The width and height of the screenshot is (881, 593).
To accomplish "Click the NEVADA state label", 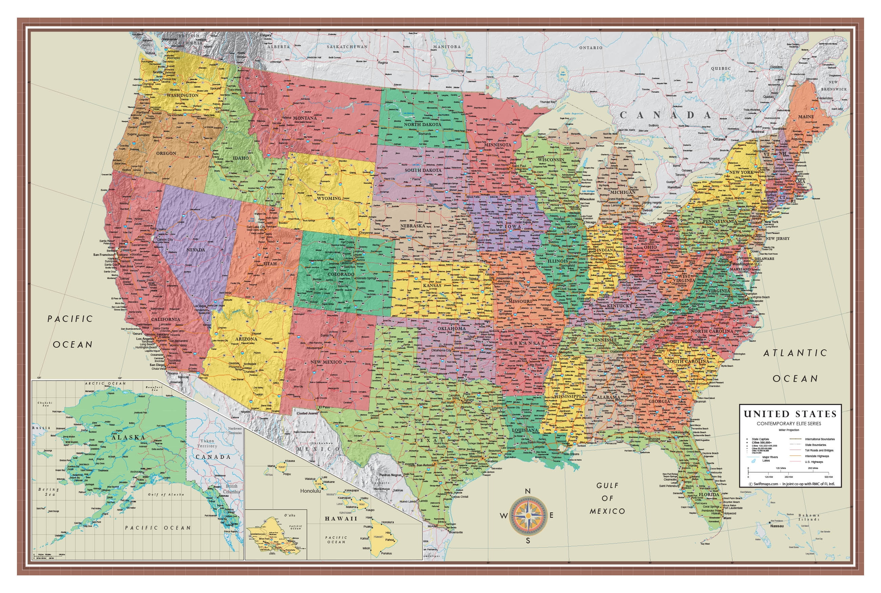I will click(196, 250).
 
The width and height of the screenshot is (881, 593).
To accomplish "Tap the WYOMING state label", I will click(329, 198).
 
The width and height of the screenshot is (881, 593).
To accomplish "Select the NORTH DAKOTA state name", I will click(422, 124).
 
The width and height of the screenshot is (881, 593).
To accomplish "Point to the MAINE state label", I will click(806, 117).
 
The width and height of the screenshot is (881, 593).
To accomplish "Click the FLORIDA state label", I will click(709, 495).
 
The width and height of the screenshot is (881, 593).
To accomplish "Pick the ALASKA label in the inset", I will click(128, 437).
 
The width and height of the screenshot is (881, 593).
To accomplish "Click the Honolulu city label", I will click(310, 491).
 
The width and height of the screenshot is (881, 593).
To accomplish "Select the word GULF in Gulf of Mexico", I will click(607, 486).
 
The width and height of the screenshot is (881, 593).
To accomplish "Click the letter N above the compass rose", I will click(528, 491).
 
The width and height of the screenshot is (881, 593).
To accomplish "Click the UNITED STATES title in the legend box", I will click(790, 414).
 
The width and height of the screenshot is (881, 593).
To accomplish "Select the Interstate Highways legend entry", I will click(817, 456).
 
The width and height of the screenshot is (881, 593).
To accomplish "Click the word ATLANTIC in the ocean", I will click(795, 353).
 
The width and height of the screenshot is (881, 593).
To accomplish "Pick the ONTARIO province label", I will click(591, 48).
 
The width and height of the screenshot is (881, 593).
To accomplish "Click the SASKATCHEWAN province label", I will click(347, 47).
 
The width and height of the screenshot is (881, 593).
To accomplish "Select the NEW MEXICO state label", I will click(326, 362).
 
